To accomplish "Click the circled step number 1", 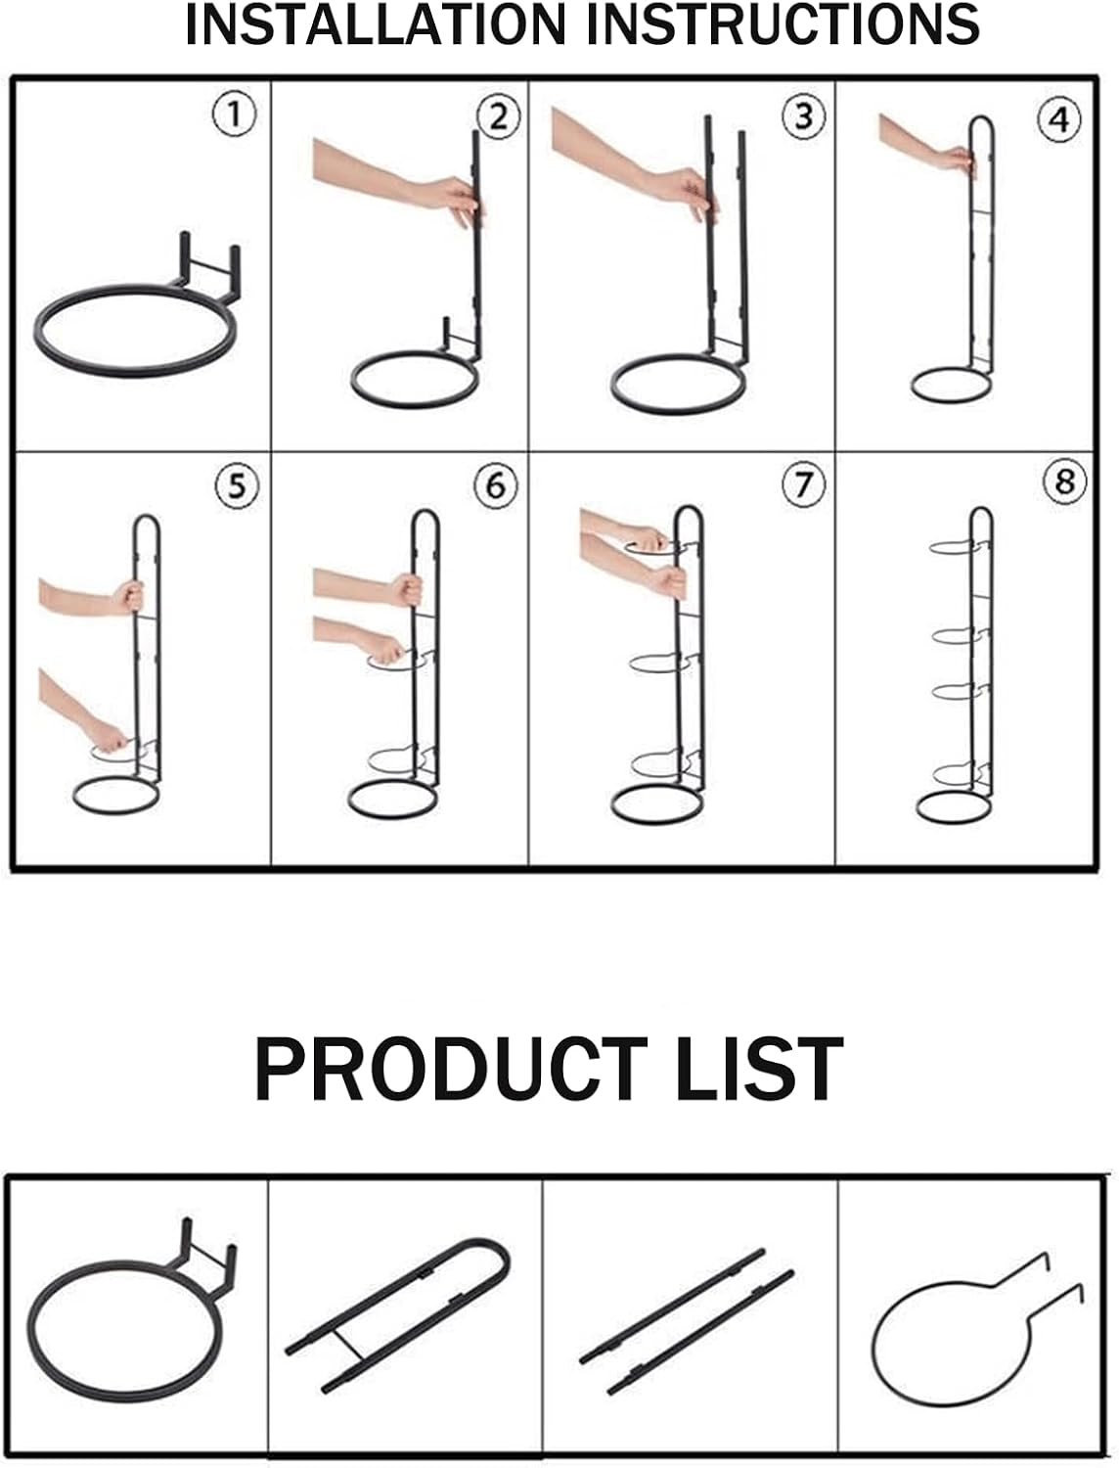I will pos(234,115).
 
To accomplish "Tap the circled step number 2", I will pos(499,117).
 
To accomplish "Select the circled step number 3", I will pos(804,115).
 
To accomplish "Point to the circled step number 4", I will pos(1059,119).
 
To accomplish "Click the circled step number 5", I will pos(237,485).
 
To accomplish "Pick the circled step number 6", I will pos(496,485).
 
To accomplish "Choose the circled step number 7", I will pos(803,483).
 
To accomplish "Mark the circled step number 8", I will pos(1064,481).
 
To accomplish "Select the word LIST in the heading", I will pos(759,1070).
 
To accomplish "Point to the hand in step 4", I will pos(955,159).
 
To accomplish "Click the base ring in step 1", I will pos(135,331).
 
